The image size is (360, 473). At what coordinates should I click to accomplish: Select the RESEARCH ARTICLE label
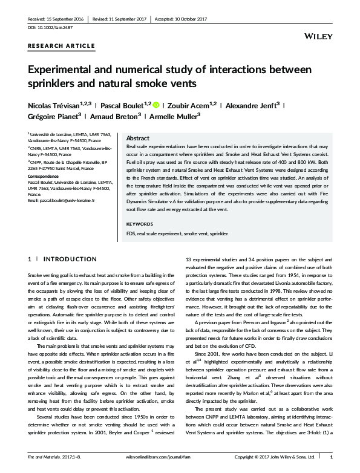click(x=61, y=46)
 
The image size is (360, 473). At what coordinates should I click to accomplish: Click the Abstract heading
click(x=137, y=138)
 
